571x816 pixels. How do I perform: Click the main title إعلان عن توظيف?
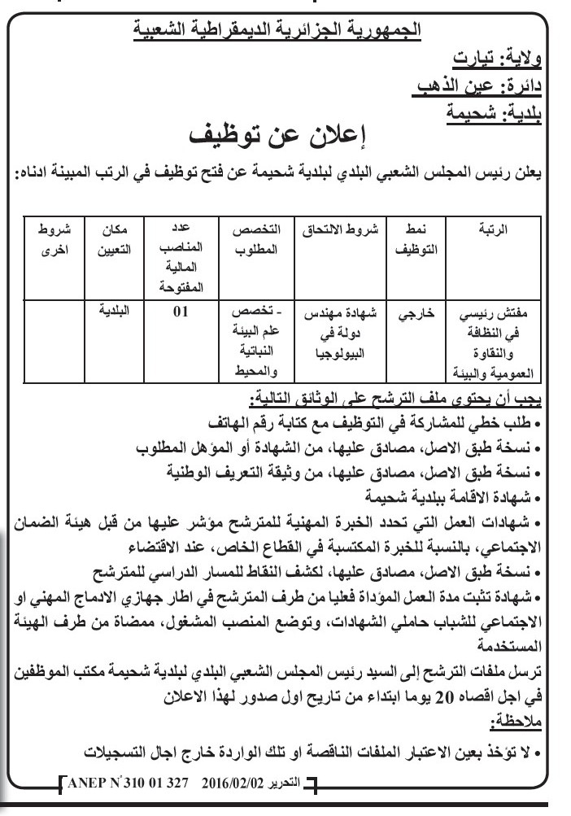pyautogui.click(x=284, y=133)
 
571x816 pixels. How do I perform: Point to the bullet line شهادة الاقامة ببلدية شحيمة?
pyautogui.click(x=450, y=494)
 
